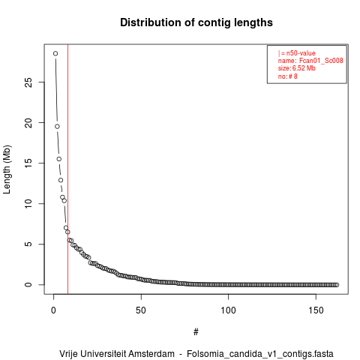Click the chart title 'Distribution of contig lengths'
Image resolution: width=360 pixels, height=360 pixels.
[x=196, y=22]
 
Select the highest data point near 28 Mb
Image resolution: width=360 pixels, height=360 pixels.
[x=55, y=53]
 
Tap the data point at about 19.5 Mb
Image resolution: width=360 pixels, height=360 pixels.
[x=57, y=127]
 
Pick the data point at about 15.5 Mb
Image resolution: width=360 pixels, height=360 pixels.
[x=59, y=159]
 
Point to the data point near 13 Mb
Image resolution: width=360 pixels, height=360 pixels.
[x=61, y=180]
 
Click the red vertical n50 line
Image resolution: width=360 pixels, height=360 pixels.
[x=67, y=169]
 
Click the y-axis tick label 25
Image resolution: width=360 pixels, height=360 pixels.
[x=28, y=82]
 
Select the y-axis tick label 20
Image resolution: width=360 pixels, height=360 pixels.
[x=28, y=123]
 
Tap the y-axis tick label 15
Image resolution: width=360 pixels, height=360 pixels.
[x=28, y=163]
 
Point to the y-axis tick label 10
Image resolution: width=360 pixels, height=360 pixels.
[x=28, y=204]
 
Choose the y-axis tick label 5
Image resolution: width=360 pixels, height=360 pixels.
[x=28, y=244]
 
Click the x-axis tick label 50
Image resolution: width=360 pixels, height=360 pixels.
[x=141, y=310]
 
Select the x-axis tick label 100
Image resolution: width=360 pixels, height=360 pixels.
[x=228, y=310]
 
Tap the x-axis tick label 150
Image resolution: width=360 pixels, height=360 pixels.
[x=316, y=310]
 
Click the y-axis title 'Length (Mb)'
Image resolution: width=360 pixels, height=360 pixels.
[x=7, y=169]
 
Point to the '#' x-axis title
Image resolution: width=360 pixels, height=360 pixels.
[x=196, y=332]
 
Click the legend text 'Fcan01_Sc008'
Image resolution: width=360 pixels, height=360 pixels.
[x=321, y=61]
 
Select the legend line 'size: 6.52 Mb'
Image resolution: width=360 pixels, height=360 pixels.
[x=297, y=68]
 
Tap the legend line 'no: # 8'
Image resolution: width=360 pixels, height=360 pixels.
[x=288, y=76]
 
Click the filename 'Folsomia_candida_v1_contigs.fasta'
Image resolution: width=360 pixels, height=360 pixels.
[x=260, y=354]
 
